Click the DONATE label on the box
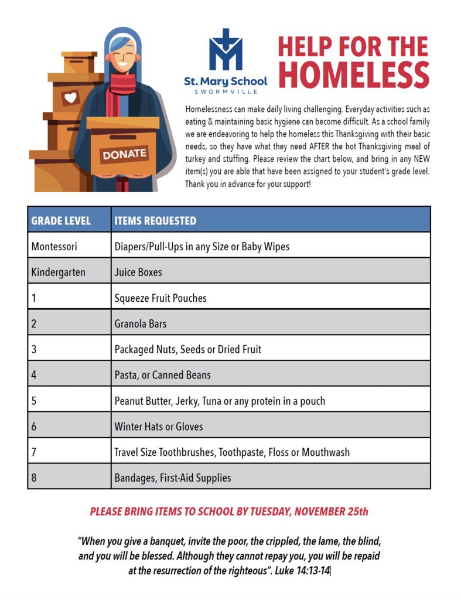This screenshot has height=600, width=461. click(x=125, y=155)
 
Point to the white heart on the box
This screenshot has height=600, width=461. click(x=70, y=98)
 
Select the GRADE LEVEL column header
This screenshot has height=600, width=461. click(x=61, y=221)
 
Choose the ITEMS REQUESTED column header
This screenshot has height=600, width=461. click(x=155, y=221)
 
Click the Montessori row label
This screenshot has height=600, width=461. click(x=54, y=247)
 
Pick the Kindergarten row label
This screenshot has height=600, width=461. click(x=58, y=272)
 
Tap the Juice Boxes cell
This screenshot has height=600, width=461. click(x=138, y=272)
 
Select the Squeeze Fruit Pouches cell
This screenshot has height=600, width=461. click(x=161, y=298)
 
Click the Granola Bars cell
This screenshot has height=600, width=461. click(x=141, y=323)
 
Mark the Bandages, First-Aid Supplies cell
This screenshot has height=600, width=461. click(x=173, y=478)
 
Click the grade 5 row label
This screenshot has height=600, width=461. click(x=34, y=401)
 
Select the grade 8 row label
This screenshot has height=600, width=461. click(x=34, y=478)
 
